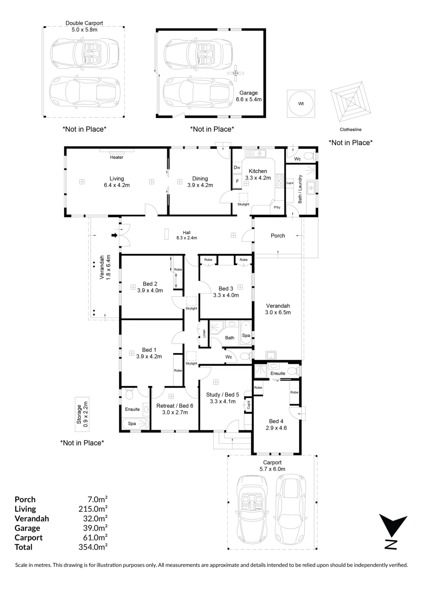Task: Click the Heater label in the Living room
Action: (117, 157)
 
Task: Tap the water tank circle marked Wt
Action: (301, 104)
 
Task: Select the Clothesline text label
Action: (350, 130)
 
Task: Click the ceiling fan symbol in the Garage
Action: (236, 73)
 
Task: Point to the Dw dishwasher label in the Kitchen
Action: (237, 168)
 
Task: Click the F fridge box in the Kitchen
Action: (237, 181)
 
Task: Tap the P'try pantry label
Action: (277, 207)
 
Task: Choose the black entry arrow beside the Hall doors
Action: (114, 235)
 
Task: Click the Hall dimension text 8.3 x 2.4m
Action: (187, 238)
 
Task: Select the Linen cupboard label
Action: (204, 334)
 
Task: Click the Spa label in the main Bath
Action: (246, 335)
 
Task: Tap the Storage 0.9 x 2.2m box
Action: (82, 414)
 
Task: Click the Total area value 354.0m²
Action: (93, 547)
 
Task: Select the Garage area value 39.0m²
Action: (95, 528)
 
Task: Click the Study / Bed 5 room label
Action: (223, 395)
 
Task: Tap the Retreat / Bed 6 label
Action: (175, 406)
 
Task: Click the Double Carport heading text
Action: (84, 23)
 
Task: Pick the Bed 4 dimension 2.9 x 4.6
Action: (276, 428)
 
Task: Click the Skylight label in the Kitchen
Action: (243, 204)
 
